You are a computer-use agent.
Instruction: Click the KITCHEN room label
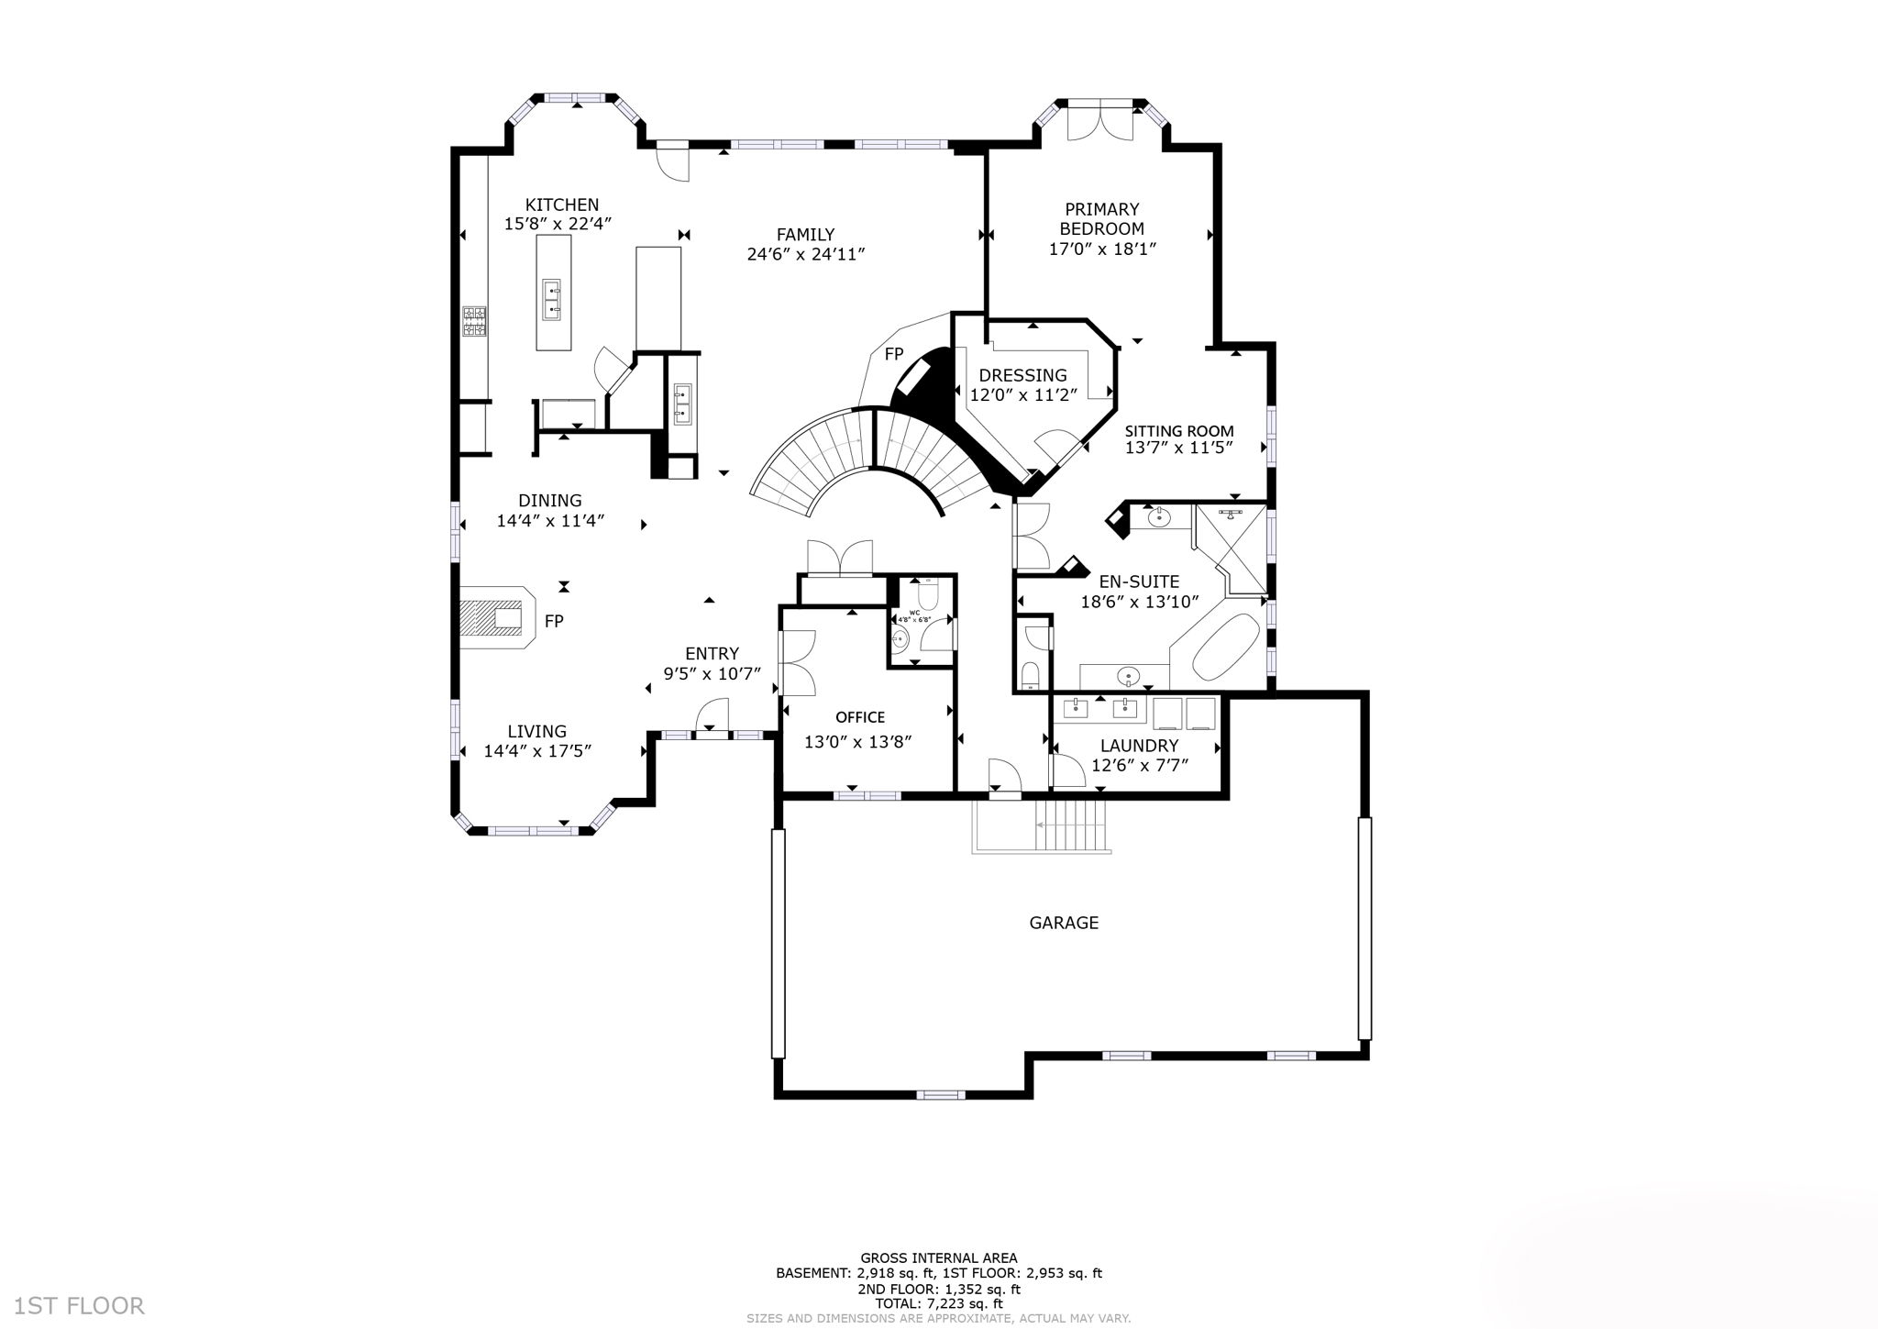[x=561, y=205]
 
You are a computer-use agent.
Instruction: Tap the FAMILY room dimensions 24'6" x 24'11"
[x=806, y=254]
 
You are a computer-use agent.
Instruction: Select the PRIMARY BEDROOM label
[x=1101, y=219]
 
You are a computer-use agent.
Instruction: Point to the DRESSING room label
[x=1022, y=375]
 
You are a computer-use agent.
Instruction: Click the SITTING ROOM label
[x=1179, y=431]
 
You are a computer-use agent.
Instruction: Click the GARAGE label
[x=1063, y=923]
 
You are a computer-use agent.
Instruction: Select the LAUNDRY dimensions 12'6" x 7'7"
[x=1140, y=764]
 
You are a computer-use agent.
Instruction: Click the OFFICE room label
[x=859, y=717]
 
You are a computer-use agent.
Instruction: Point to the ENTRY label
[x=712, y=654]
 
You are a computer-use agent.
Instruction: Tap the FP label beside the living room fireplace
[x=553, y=622]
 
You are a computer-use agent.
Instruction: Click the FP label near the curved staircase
[x=893, y=354]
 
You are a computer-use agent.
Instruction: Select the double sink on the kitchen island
[x=553, y=301]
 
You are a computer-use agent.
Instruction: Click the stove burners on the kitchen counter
[x=474, y=321]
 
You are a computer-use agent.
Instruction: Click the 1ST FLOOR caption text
[x=79, y=1305]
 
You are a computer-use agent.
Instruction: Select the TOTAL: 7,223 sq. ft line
[x=938, y=1302]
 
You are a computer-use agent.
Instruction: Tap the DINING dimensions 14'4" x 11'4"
[x=550, y=521]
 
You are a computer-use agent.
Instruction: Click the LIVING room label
[x=537, y=731]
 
